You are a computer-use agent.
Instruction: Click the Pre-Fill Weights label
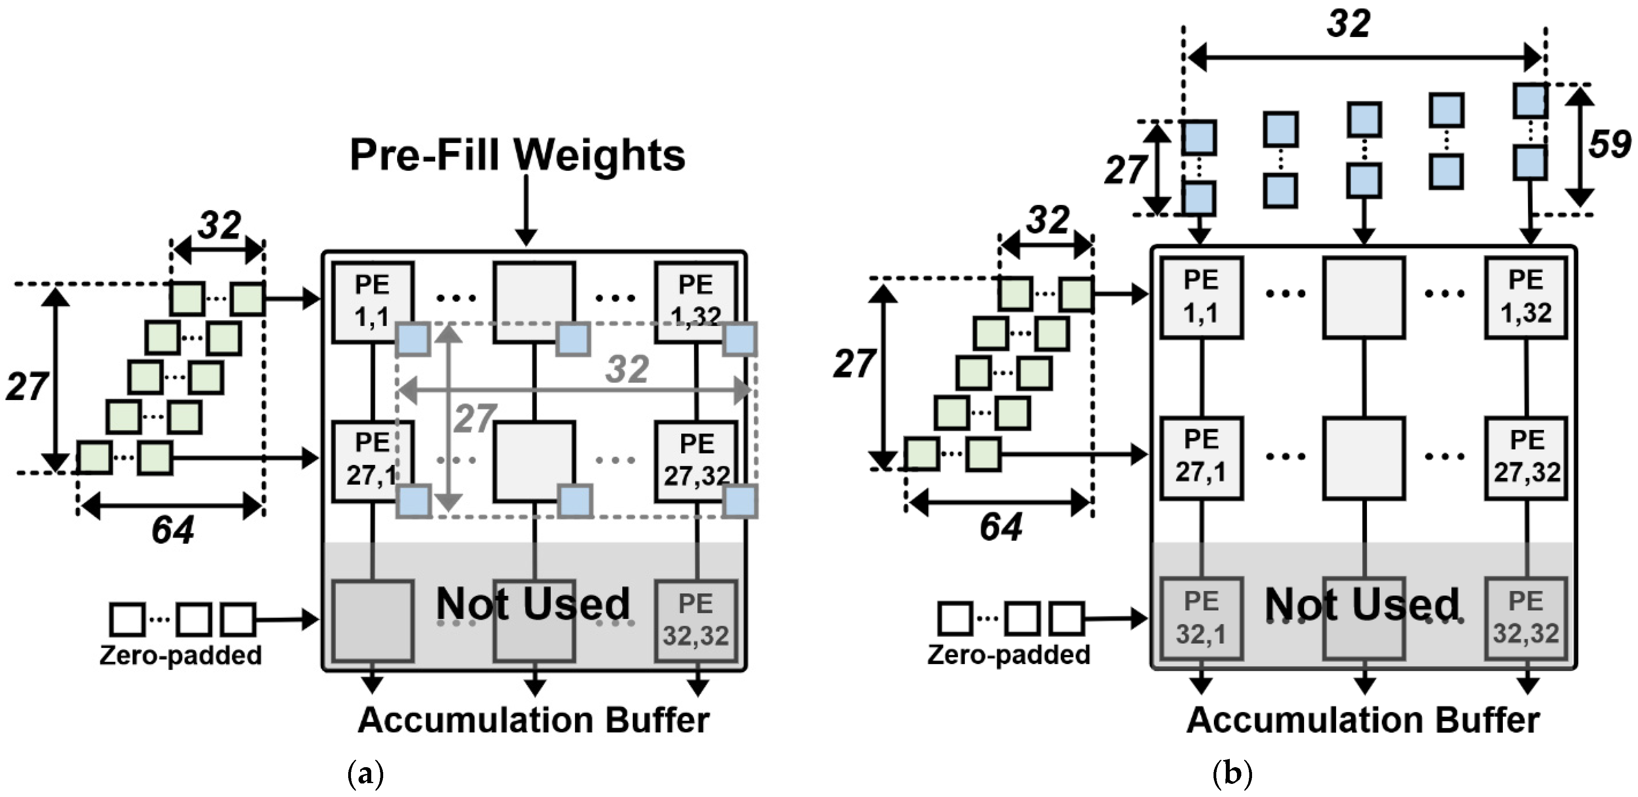pyautogui.click(x=518, y=155)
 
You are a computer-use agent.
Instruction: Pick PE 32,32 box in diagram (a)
pyautogui.click(x=696, y=620)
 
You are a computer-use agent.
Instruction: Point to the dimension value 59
pyautogui.click(x=1609, y=145)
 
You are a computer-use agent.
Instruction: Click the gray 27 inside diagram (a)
pyautogui.click(x=474, y=418)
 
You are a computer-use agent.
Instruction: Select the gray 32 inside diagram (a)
pyautogui.click(x=627, y=369)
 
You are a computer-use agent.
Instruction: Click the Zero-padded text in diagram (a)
pyautogui.click(x=180, y=655)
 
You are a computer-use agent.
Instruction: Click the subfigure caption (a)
pyautogui.click(x=366, y=775)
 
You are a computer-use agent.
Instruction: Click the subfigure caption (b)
pyautogui.click(x=1232, y=775)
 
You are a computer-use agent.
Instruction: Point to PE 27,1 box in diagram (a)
pyautogui.click(x=372, y=460)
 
